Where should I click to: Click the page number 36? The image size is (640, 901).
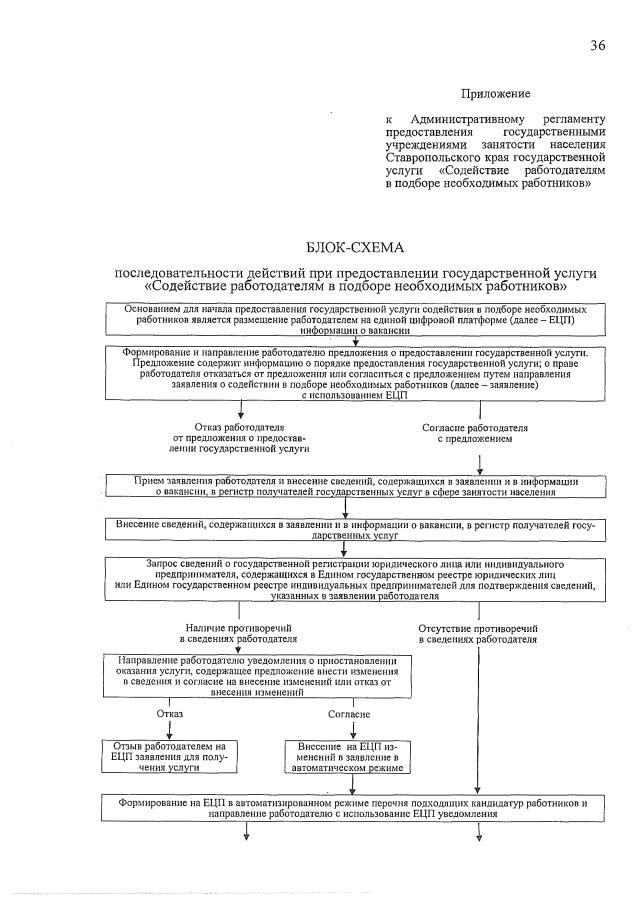pyautogui.click(x=597, y=45)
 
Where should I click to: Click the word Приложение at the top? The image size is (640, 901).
pyautogui.click(x=494, y=94)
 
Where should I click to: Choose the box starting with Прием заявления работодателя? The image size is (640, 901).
pyautogui.click(x=356, y=486)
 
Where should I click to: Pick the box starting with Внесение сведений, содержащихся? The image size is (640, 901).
pyautogui.click(x=356, y=529)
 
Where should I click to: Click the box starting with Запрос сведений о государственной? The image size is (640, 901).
pyautogui.click(x=356, y=579)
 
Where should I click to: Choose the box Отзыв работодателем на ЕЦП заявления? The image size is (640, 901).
pyautogui.click(x=169, y=757)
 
